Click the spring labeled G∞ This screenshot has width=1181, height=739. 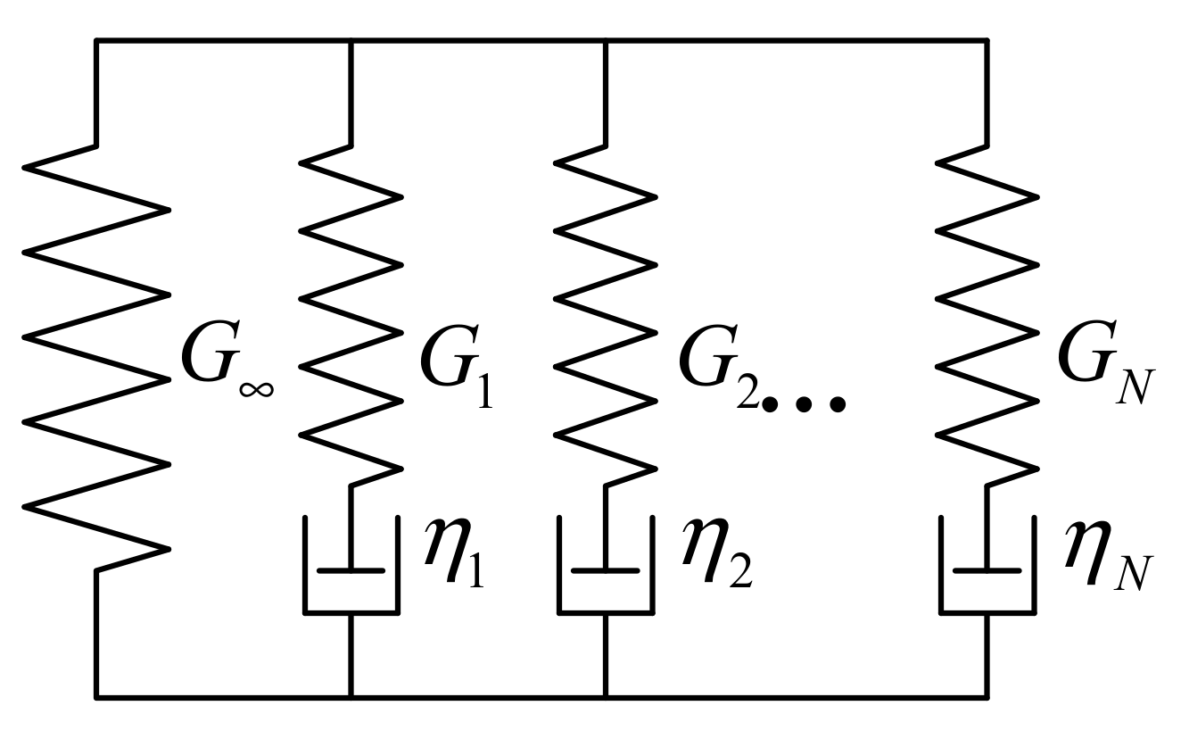pos(96,357)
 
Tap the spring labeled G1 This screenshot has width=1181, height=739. pos(351,312)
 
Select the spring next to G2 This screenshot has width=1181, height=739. pos(606,312)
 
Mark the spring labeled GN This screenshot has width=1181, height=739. pos(987,312)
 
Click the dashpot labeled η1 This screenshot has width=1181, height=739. pos(351,567)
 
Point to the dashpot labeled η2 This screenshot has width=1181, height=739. pos(606,567)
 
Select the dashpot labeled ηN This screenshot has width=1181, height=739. pos(987,567)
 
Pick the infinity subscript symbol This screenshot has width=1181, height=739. pos(256,387)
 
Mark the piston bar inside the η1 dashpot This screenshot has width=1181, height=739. pos(351,569)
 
